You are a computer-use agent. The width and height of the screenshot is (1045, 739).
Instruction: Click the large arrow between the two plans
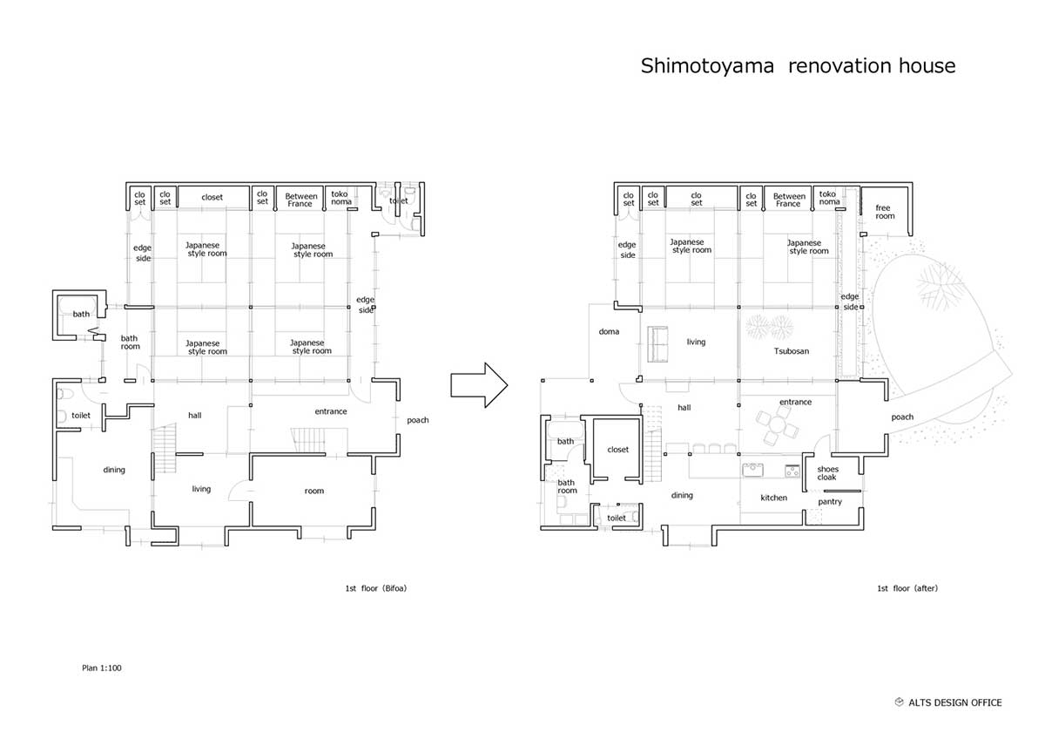coord(479,385)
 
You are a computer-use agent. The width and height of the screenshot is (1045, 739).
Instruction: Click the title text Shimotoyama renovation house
coord(798,66)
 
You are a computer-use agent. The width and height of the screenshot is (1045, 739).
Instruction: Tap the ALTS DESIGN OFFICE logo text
coord(954,702)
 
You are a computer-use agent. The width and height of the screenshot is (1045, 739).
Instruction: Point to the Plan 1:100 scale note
coord(102,668)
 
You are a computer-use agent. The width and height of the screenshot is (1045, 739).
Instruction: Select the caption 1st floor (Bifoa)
coord(376,588)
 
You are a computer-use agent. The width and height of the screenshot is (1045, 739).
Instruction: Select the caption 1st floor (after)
coord(907,588)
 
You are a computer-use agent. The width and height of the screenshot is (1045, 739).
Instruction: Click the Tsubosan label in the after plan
coord(792,351)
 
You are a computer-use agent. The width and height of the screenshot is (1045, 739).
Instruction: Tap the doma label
coord(609,331)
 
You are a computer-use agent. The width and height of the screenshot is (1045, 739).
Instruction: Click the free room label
coord(885,212)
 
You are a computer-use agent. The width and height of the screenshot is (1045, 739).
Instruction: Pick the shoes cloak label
coord(827,473)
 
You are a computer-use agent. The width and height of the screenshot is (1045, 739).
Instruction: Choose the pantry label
coord(830,502)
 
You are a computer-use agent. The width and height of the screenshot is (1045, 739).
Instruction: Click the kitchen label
coord(773,498)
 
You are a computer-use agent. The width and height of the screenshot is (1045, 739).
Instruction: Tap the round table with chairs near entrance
coord(777,424)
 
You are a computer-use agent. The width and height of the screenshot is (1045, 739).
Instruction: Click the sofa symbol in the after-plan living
coord(657,343)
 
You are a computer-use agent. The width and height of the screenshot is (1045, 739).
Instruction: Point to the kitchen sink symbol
coord(752,470)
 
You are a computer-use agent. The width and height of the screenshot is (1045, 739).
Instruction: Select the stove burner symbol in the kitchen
coord(792,471)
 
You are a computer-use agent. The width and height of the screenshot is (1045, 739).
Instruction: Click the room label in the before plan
coord(314,491)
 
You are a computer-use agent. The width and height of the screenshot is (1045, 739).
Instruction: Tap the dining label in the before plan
coord(114,470)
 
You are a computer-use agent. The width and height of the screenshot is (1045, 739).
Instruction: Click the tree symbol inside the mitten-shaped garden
coord(939,286)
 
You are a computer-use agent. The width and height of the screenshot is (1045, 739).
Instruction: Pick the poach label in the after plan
coord(902,417)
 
